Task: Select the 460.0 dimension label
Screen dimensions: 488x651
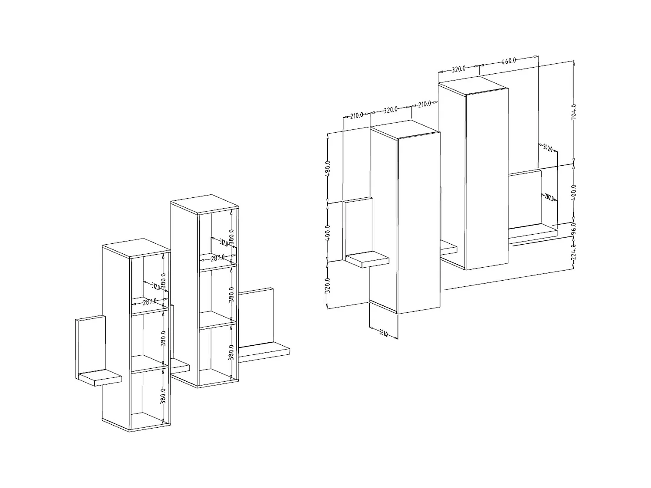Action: pyautogui.click(x=509, y=61)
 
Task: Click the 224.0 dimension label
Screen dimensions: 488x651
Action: pyautogui.click(x=574, y=252)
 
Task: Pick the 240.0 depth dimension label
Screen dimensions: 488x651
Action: pyautogui.click(x=547, y=148)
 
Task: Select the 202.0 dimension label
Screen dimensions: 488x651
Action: pyautogui.click(x=549, y=198)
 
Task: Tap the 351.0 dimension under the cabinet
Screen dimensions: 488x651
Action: pyautogui.click(x=383, y=333)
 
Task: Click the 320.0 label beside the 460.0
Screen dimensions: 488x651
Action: pyautogui.click(x=459, y=69)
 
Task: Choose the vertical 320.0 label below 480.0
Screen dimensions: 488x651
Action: pyautogui.click(x=328, y=285)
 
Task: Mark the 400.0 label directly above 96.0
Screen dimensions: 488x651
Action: pyautogui.click(x=574, y=191)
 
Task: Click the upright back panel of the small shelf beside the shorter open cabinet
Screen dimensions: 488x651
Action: pyautogui.click(x=90, y=345)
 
